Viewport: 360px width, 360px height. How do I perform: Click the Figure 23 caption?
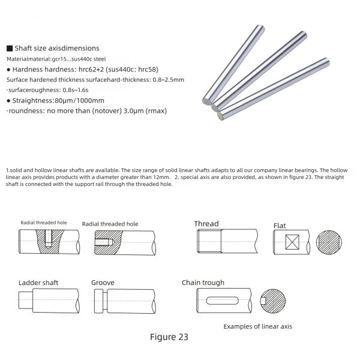(169, 337)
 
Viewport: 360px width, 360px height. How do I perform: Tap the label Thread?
(206, 224)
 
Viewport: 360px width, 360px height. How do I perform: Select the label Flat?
(280, 226)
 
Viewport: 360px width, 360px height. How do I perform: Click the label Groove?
(103, 282)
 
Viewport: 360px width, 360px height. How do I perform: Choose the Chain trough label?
(203, 283)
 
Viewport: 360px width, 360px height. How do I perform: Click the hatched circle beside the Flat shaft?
(329, 244)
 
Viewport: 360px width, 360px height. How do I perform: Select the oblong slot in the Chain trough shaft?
(224, 300)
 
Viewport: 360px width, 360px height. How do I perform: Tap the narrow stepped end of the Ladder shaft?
(26, 299)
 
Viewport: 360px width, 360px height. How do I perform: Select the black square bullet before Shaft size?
(9, 48)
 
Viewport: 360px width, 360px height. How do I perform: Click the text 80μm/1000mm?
(76, 100)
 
